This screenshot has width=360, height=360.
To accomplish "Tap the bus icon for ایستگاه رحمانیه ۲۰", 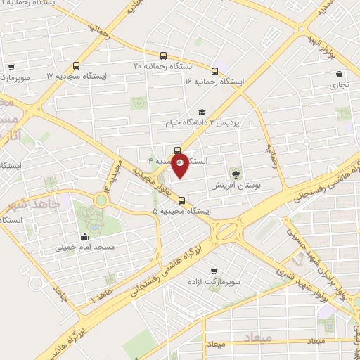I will (163, 55).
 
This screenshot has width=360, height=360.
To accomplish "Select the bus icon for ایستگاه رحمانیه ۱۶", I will (215, 70).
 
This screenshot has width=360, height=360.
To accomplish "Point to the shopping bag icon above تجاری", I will (340, 74).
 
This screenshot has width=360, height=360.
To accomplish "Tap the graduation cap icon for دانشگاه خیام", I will (202, 112).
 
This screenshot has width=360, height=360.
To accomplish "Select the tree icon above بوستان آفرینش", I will (234, 174).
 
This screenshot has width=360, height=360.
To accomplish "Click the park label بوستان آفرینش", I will (236, 186).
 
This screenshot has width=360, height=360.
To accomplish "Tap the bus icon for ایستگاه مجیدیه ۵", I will (182, 200).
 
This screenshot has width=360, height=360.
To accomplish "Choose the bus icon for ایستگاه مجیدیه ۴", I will (176, 150).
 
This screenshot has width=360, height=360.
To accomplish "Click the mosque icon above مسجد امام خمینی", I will (86, 237).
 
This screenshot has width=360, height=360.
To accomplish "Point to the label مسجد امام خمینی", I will (86, 248).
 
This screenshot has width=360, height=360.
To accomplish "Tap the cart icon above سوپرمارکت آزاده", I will (214, 270).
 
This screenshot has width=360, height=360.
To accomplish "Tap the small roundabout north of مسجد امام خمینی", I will (101, 200).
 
